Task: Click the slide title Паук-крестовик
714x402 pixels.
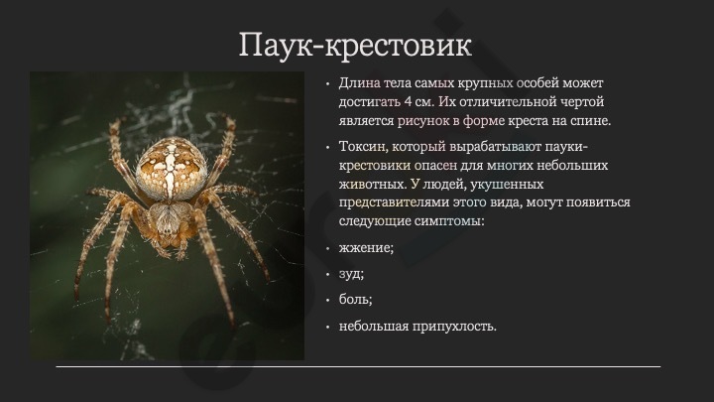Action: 355,45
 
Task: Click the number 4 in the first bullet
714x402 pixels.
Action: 408,101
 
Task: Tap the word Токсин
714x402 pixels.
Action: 363,147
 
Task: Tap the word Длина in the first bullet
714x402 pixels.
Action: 359,83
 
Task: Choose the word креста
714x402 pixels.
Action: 530,121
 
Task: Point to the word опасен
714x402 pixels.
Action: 435,166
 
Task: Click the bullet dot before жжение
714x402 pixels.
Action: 327,249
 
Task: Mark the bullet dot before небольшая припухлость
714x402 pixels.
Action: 327,328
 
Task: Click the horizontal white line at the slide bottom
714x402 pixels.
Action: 358,366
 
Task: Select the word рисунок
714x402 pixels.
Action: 422,121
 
